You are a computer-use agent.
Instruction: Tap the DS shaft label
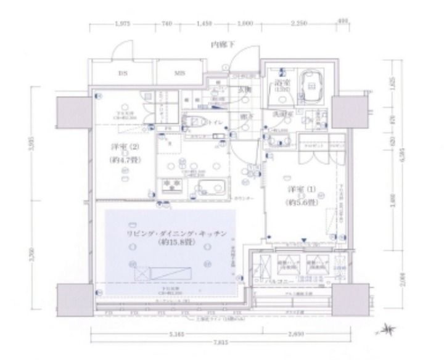[121, 73]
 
